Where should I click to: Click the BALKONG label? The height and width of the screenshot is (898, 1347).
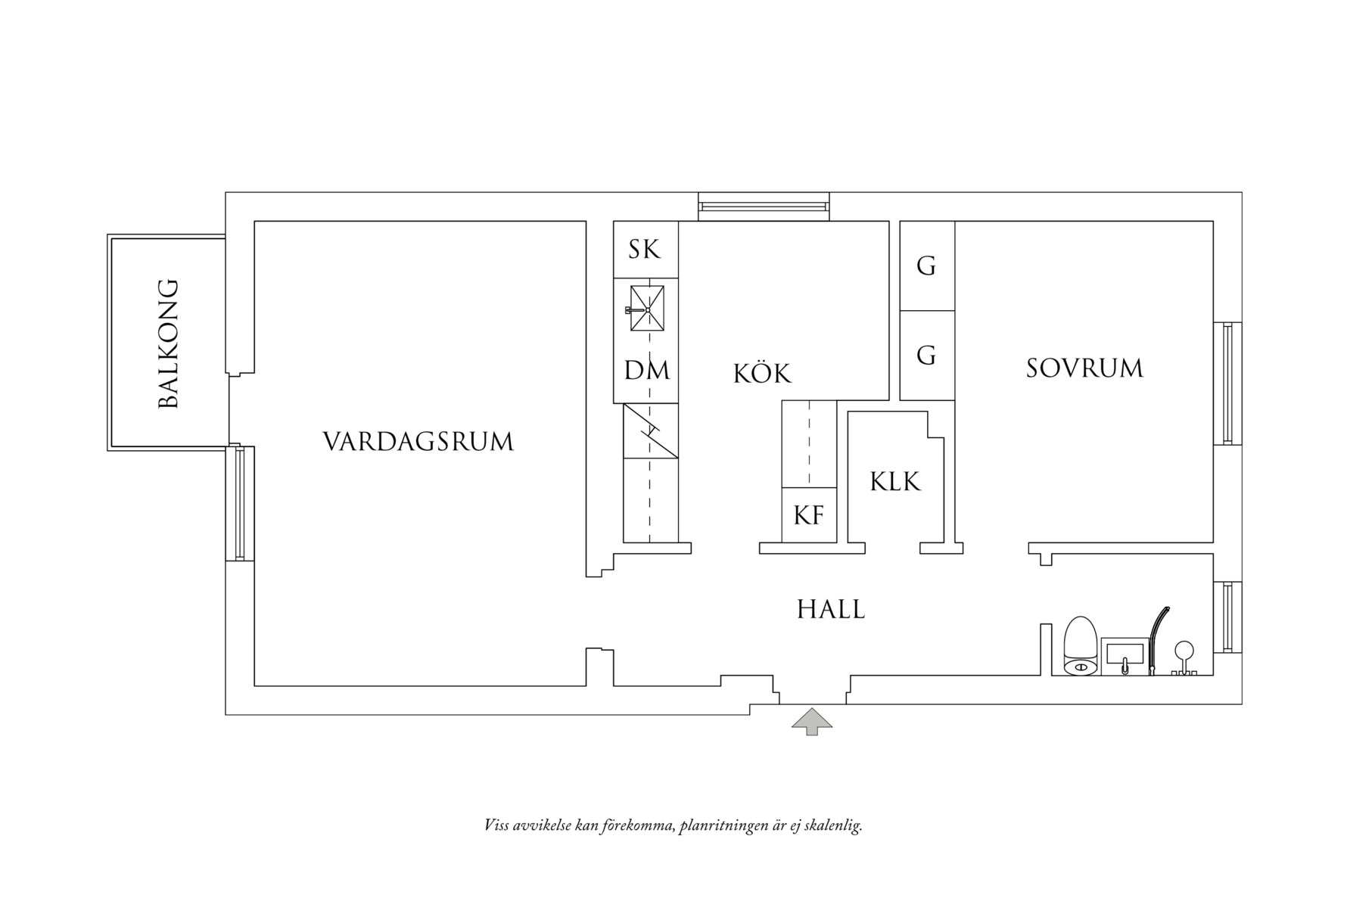[x=168, y=344]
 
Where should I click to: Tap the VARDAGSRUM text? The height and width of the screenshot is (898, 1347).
[x=418, y=442]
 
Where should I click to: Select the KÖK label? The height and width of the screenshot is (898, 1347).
[x=762, y=374]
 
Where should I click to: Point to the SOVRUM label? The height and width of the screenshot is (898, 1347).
[x=1084, y=368]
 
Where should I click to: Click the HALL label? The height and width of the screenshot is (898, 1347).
[x=831, y=610]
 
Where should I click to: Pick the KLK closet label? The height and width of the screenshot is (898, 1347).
[x=895, y=482]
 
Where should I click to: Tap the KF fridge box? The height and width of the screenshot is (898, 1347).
[x=808, y=515]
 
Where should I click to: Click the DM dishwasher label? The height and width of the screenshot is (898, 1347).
[x=646, y=371]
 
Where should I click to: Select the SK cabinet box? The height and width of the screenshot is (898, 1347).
[x=645, y=250]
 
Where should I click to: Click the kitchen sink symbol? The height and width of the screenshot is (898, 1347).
[x=647, y=309]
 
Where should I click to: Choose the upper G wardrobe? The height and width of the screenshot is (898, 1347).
[x=926, y=266]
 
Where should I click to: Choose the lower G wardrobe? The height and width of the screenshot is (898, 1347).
[x=926, y=355]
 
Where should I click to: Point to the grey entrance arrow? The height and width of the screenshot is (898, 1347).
[x=811, y=722]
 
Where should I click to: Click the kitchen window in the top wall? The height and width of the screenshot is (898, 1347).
[x=763, y=206]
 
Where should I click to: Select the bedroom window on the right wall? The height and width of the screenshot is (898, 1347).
[x=1227, y=384]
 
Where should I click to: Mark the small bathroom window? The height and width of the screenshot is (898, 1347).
[x=1227, y=617]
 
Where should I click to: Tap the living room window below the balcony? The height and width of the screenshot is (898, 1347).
[x=241, y=503]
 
